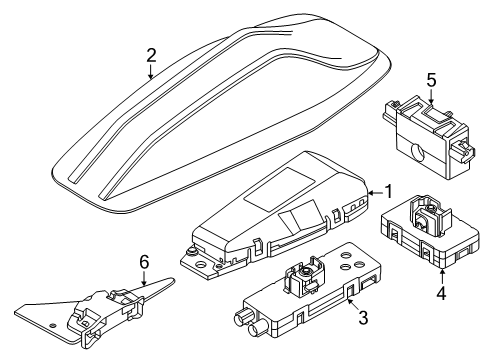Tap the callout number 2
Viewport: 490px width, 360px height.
(150, 57)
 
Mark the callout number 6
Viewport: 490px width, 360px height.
(144, 263)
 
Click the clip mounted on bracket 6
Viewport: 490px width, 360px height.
(118, 301)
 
